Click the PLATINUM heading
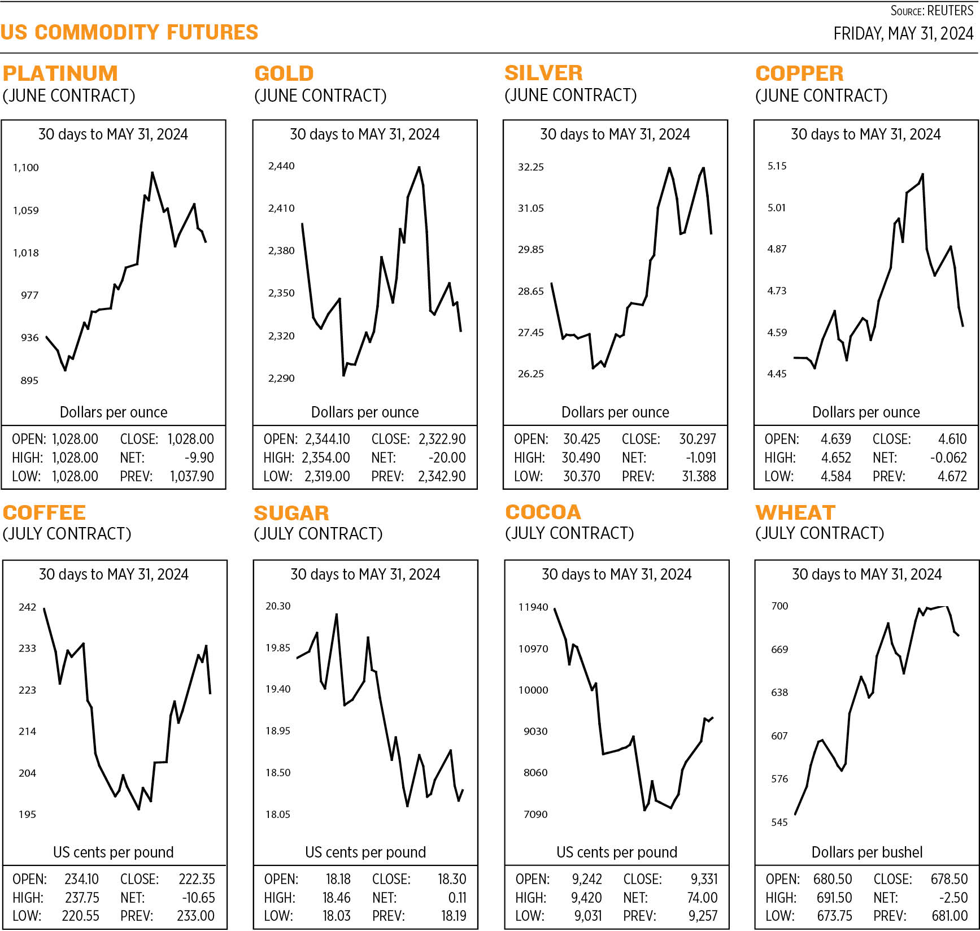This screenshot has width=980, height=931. tap(60, 73)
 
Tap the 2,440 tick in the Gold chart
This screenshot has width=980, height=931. tap(281, 166)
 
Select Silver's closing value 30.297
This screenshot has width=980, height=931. tap(697, 439)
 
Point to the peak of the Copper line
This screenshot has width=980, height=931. tap(922, 175)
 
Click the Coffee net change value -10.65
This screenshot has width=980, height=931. tap(198, 898)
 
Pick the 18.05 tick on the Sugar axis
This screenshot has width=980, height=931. tap(278, 814)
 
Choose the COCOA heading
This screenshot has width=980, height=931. tap(543, 512)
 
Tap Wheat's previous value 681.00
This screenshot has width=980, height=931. tap(949, 916)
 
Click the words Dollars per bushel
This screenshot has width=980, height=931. tap(867, 852)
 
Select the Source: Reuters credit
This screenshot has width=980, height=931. tap(932, 11)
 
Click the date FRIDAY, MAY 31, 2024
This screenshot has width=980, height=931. tap(903, 34)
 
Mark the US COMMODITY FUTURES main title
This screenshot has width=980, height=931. tap(129, 32)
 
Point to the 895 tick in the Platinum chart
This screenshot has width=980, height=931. tap(29, 380)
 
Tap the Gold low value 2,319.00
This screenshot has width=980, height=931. tap(328, 476)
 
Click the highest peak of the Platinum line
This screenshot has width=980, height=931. tap(152, 173)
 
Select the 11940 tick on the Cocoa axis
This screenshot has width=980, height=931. tap(533, 607)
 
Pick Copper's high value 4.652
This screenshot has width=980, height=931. tap(836, 458)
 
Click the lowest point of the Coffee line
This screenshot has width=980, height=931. tap(138, 809)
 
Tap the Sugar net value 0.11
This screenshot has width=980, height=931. tap(458, 898)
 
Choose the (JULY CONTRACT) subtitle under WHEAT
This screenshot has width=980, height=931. tap(820, 533)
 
